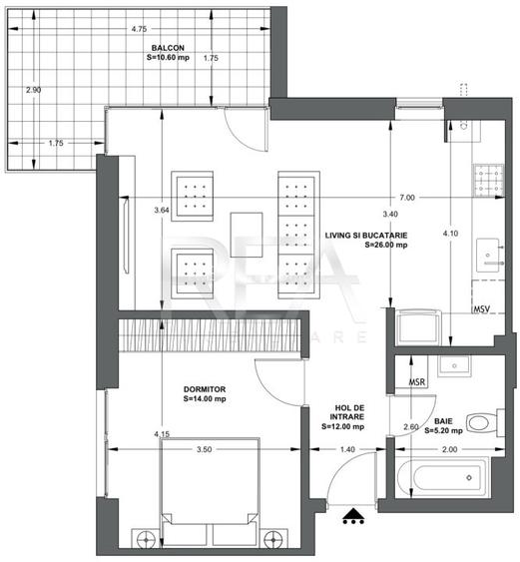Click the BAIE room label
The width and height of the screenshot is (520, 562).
click(x=442, y=426)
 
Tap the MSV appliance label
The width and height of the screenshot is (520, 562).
click(x=483, y=308)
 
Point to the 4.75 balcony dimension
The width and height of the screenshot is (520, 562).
click(x=138, y=29)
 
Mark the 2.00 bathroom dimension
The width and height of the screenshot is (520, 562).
click(x=451, y=450)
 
